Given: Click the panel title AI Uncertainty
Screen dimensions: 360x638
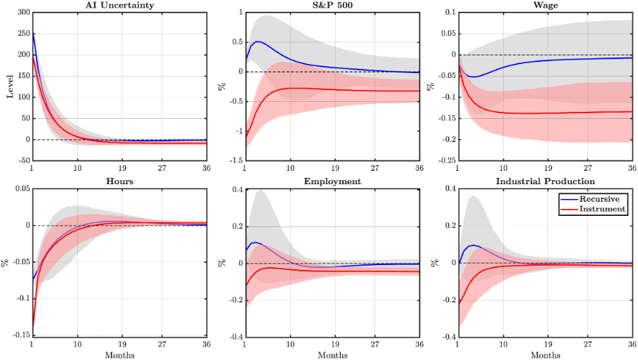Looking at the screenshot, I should tap(119, 6).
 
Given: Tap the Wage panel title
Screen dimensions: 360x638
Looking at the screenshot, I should tap(544, 6).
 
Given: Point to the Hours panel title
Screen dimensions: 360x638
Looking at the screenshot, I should tap(119, 181).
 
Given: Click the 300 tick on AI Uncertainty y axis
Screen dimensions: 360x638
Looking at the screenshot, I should tap(22, 13).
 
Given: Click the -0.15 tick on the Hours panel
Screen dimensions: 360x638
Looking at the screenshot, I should tap(18, 337).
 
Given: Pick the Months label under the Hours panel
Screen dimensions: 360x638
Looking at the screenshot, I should tap(119, 354).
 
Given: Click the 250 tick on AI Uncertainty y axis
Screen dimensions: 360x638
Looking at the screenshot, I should tap(22, 34).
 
